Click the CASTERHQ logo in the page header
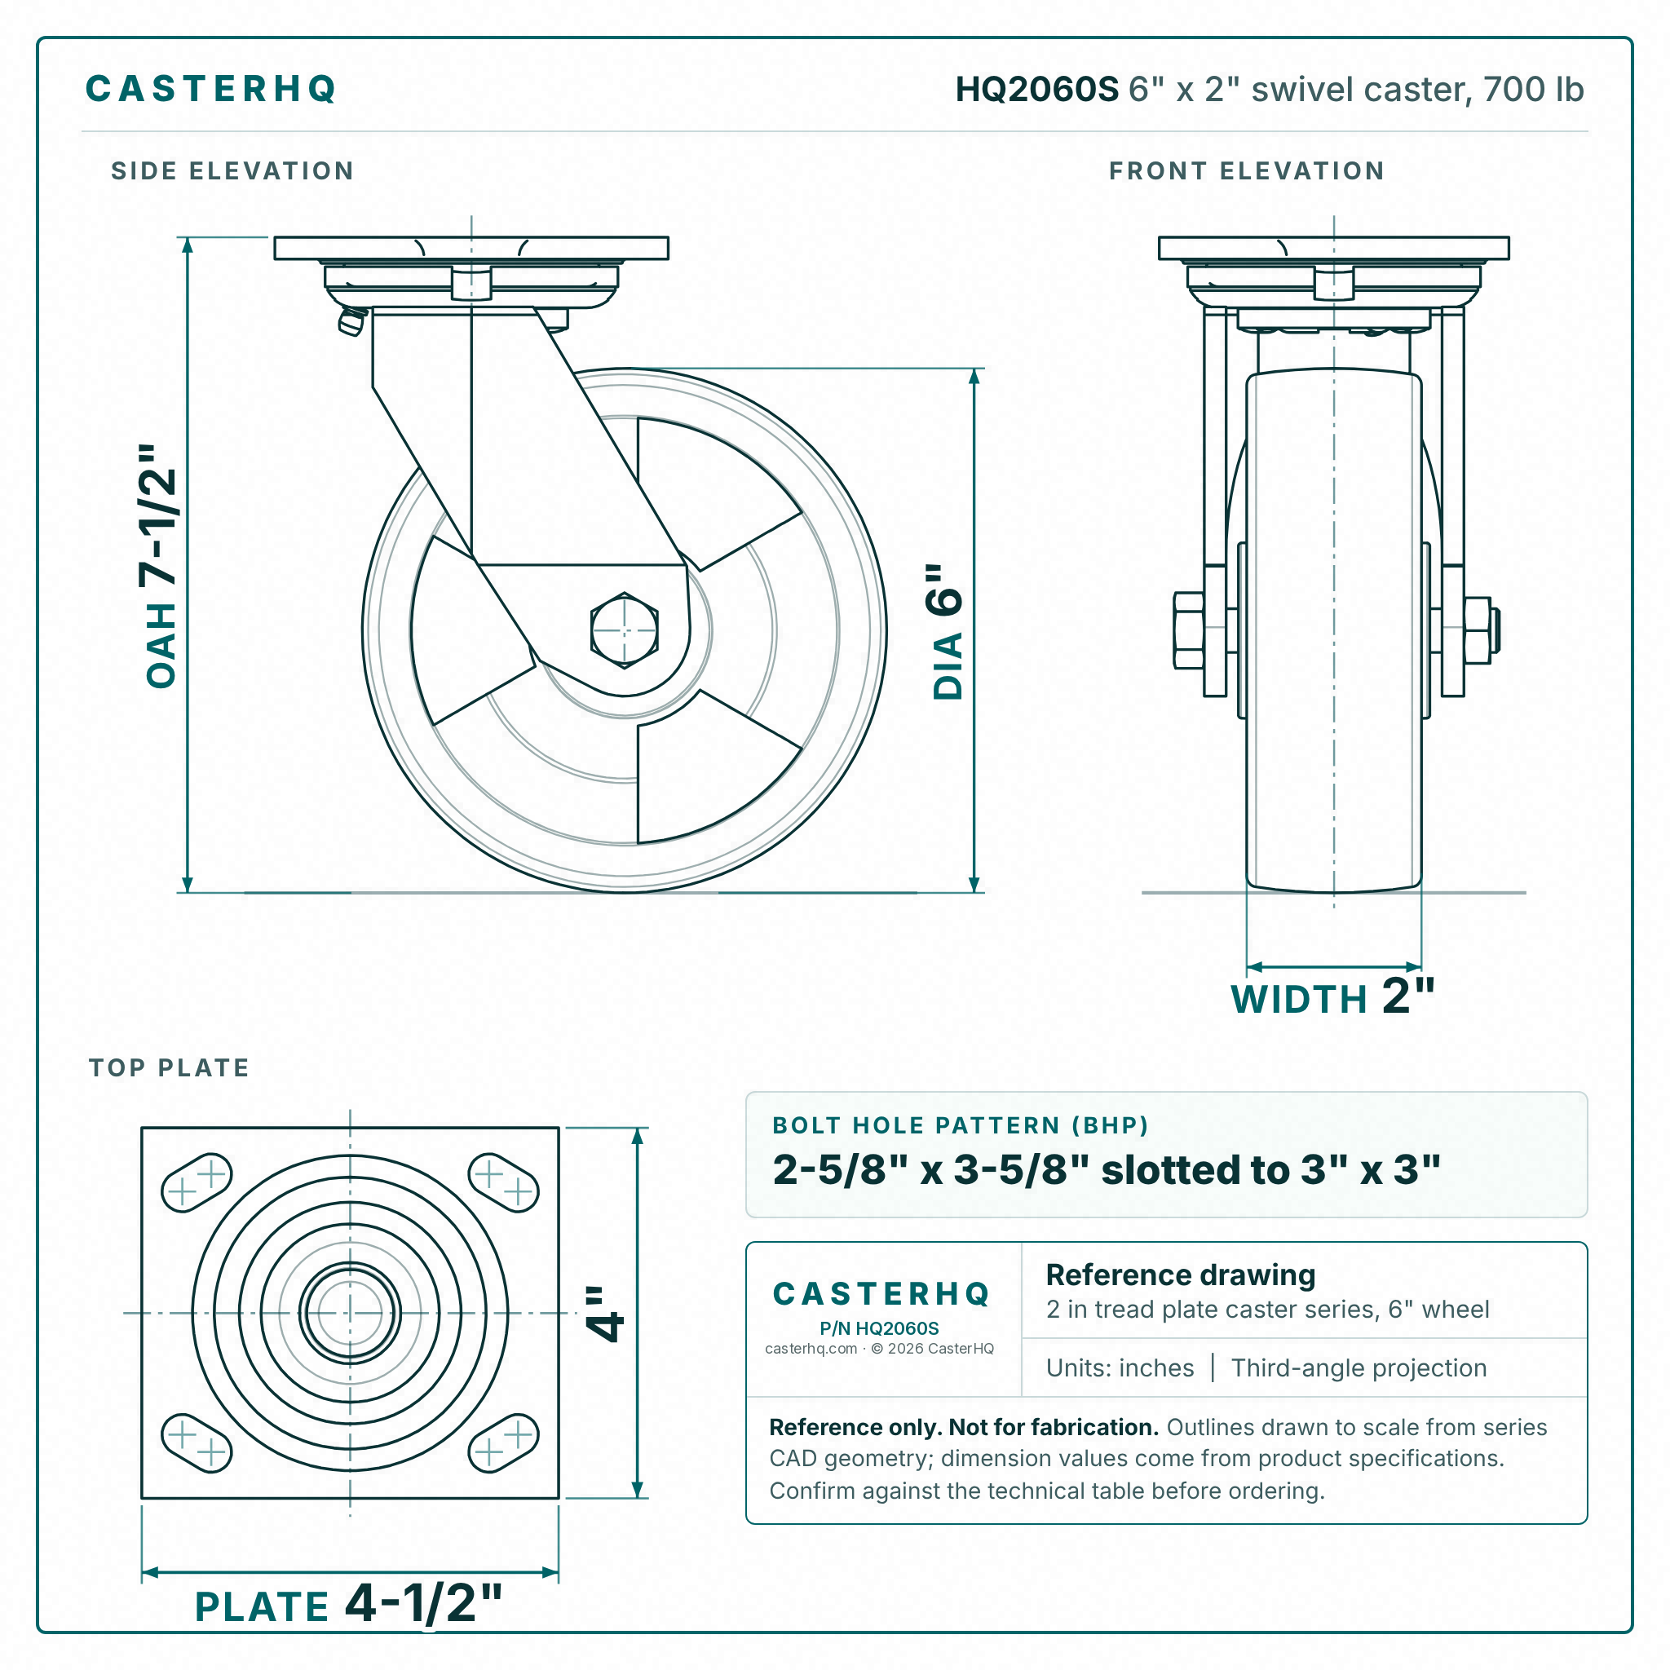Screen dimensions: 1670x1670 pyautogui.click(x=211, y=89)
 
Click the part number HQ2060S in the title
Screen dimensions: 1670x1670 pyautogui.click(x=1036, y=89)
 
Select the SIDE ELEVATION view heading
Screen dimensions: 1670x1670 pyautogui.click(x=232, y=171)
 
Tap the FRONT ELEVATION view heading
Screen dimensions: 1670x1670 pyautogui.click(x=1247, y=171)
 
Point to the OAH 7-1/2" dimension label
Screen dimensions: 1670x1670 pyautogui.click(x=160, y=566)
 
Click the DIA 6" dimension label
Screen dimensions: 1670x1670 pyautogui.click(x=946, y=631)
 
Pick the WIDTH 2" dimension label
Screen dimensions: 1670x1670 pyautogui.click(x=1332, y=996)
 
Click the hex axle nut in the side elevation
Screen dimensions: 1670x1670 pyautogui.click(x=624, y=630)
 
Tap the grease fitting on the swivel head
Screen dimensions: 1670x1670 pyautogui.click(x=351, y=321)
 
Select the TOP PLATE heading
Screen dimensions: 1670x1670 pyautogui.click(x=170, y=1067)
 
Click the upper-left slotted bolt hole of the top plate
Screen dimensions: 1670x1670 pyautogui.click(x=197, y=1182)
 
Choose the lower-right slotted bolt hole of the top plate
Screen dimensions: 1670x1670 pyautogui.click(x=503, y=1442)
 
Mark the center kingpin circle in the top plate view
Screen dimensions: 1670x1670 pyautogui.click(x=350, y=1313)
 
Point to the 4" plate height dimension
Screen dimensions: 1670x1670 pyautogui.click(x=603, y=1313)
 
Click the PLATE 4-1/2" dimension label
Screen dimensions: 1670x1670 pyautogui.click(x=348, y=1603)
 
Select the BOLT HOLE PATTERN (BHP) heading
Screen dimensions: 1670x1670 pyautogui.click(x=960, y=1125)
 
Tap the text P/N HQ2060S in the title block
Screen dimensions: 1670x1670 pyautogui.click(x=879, y=1328)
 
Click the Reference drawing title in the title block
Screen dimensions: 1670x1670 pyautogui.click(x=1181, y=1275)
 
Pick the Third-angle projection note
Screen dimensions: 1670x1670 pyautogui.click(x=1359, y=1368)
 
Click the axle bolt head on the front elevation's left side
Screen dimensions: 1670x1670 pyautogui.click(x=1189, y=631)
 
